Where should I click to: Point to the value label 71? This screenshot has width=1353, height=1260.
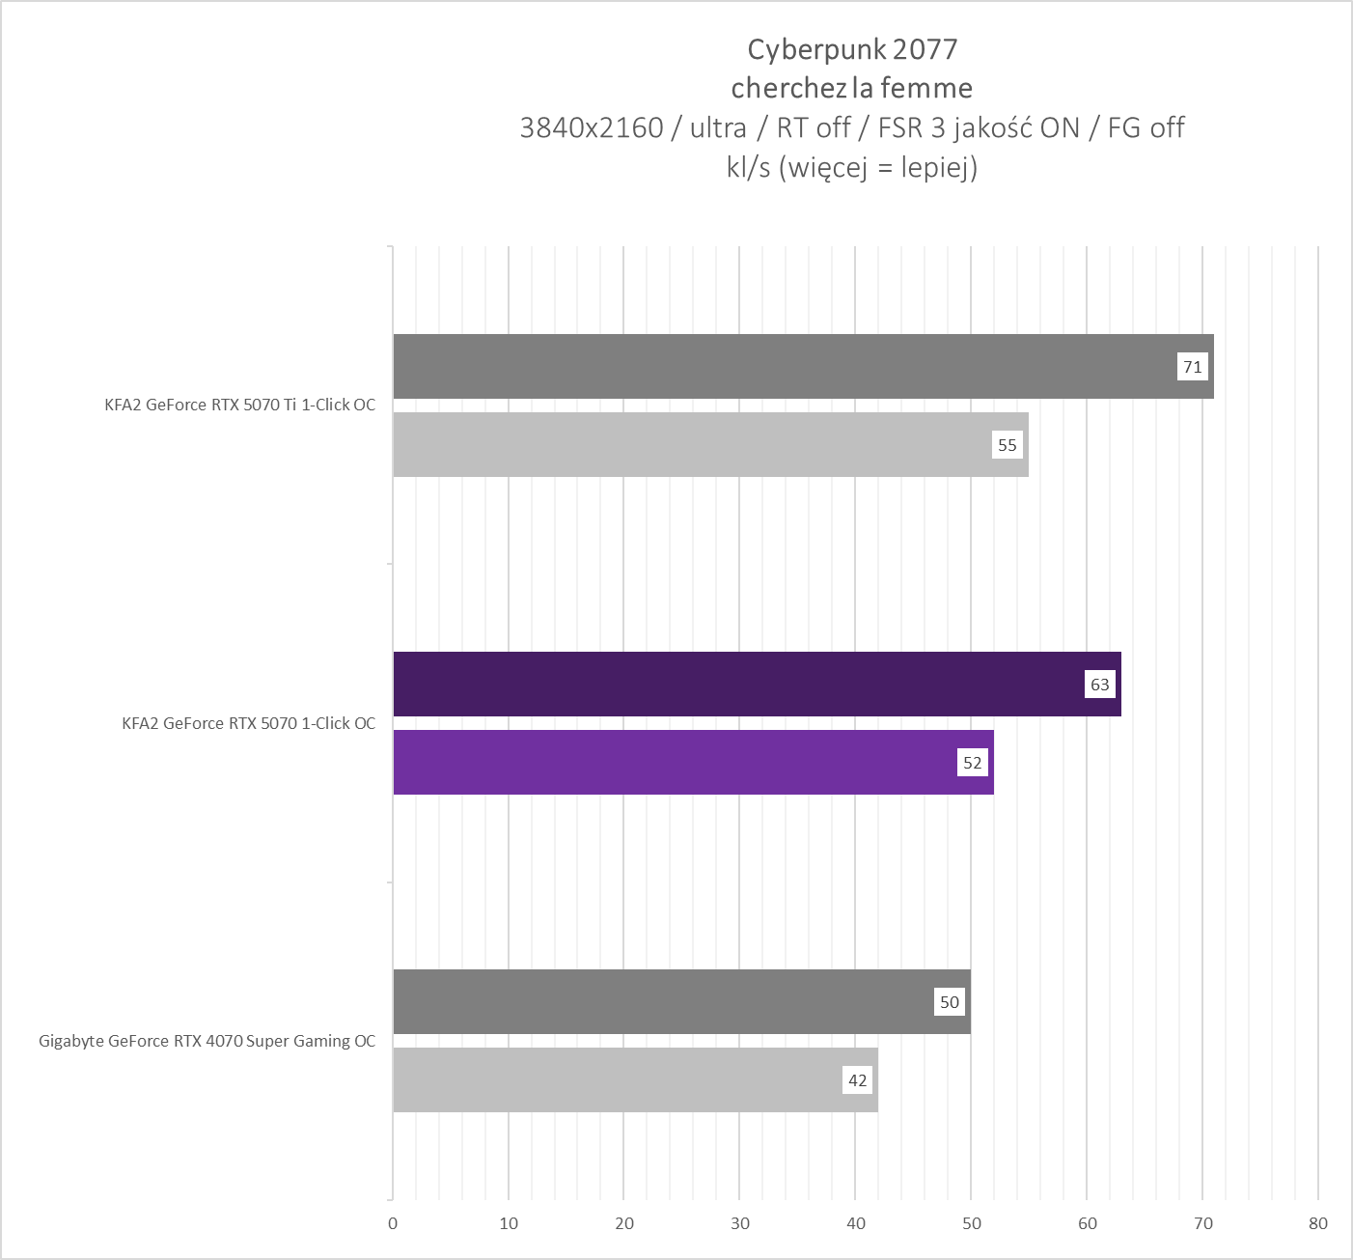point(1193,367)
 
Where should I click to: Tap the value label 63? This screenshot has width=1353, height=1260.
point(1100,685)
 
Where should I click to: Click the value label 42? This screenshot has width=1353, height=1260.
point(858,1080)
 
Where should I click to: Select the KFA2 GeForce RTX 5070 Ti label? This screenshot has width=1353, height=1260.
point(239,406)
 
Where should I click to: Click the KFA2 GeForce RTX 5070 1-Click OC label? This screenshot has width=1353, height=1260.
point(248,723)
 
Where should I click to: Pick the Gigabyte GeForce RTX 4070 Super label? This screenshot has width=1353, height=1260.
point(207,1041)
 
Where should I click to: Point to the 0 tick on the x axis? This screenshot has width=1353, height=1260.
point(393,1223)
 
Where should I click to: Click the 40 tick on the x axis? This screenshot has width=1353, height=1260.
point(855,1223)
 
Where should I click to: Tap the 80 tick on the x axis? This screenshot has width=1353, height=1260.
point(1318,1223)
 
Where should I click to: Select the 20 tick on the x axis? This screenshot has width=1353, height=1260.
point(624,1223)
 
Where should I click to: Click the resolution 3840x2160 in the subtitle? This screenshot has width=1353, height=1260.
point(591,127)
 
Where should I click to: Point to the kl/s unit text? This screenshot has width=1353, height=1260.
point(748,168)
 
